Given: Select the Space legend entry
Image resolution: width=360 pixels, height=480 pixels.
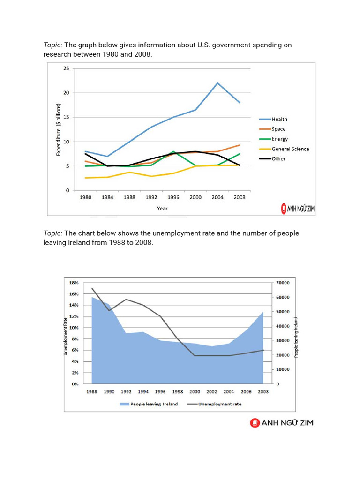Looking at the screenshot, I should tap(278, 129).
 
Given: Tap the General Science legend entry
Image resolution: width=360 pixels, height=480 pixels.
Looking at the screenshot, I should tap(290, 149).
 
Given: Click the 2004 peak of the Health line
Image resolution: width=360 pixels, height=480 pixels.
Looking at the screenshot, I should tap(217, 83).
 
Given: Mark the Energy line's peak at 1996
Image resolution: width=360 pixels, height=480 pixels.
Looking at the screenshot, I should tap(173, 151).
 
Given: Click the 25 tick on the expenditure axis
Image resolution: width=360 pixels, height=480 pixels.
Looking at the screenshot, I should tap(66, 68).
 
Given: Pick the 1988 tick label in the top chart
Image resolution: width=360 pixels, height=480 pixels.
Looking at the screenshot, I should tap(129, 197).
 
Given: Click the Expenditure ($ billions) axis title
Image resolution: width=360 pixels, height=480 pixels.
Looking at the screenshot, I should tap(59, 129).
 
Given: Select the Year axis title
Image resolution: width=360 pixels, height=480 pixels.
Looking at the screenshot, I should tap(162, 208).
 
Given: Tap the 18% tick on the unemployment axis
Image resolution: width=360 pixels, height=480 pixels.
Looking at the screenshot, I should tap(74, 283).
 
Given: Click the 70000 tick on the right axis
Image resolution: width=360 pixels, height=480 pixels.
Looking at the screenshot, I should tap(283, 283).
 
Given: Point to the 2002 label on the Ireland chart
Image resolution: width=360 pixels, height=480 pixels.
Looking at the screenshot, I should tap(212, 392).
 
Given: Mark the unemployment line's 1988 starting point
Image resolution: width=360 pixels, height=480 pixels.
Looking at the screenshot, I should tap(92, 288).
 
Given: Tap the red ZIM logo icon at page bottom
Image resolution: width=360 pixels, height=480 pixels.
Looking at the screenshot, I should tap(255, 423).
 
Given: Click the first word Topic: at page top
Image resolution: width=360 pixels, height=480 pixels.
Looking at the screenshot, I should tap(53, 45).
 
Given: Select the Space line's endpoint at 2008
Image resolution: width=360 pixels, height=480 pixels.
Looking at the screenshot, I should tap(240, 145).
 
